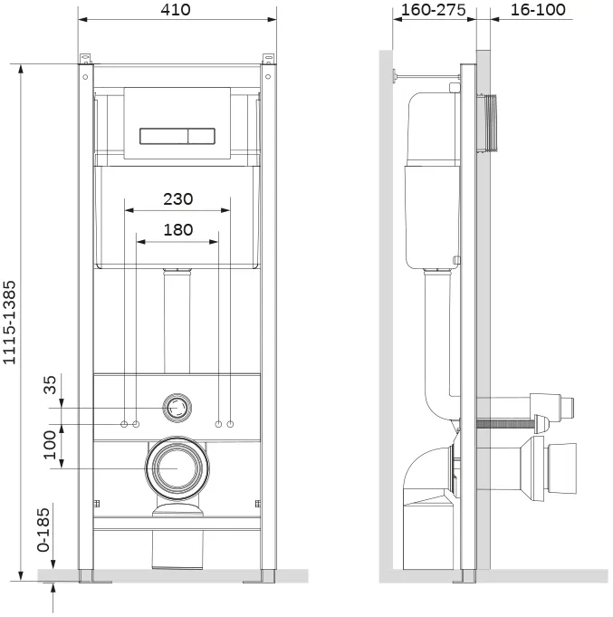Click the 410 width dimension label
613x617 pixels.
[x=176, y=9]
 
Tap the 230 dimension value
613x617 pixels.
[x=178, y=199]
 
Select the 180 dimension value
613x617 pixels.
[x=178, y=230]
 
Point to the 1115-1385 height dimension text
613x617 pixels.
[x=9, y=323]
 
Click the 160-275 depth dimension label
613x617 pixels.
[x=434, y=10]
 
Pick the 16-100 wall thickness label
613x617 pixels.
[x=538, y=10]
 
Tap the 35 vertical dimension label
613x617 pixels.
[x=51, y=385]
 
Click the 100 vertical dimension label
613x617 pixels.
[x=51, y=445]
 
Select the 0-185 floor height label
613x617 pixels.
[x=43, y=530]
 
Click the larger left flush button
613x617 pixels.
[x=164, y=136]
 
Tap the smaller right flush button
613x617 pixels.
[x=201, y=136]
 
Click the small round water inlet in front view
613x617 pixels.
[x=177, y=408]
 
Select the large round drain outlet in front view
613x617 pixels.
[x=177, y=468]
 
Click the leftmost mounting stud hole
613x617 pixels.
[x=124, y=424]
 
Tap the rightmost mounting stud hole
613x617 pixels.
[x=230, y=424]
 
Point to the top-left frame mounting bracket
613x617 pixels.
[x=86, y=59]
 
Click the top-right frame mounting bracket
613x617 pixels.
[x=268, y=59]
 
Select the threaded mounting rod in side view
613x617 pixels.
[x=505, y=424]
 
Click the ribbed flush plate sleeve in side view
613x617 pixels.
[x=487, y=122]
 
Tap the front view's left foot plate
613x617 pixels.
[x=95, y=581]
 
